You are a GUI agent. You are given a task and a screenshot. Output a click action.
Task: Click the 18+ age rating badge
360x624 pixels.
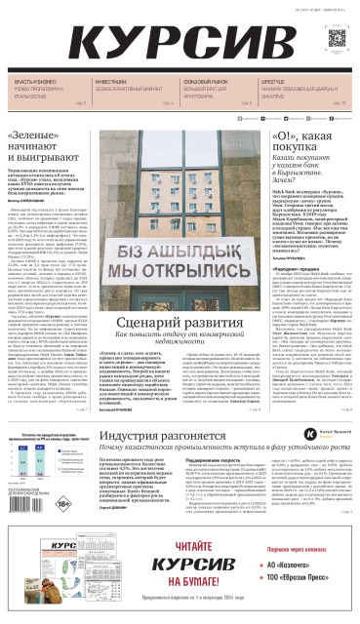coord(62,504)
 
